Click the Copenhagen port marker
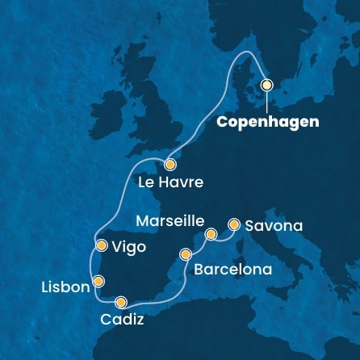[x=266, y=84]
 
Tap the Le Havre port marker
[x=170, y=163]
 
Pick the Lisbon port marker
[x=98, y=281]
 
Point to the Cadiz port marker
[x=121, y=303]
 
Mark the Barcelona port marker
[x=186, y=253]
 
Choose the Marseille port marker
[x=211, y=235]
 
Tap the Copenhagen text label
[x=269, y=122]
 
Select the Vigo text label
[x=129, y=248]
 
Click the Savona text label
[x=274, y=227]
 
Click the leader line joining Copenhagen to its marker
[x=266, y=100]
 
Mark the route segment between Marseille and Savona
[x=223, y=232]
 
